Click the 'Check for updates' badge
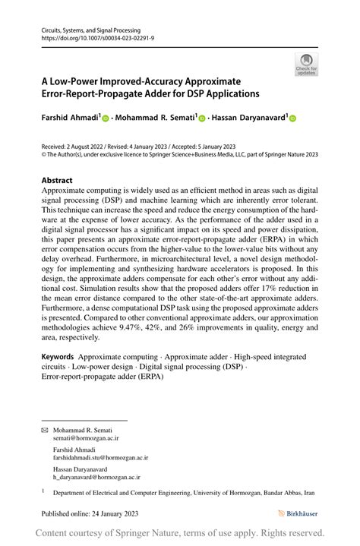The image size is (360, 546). pyautogui.click(x=306, y=65)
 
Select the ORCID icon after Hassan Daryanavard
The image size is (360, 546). pyautogui.click(x=292, y=118)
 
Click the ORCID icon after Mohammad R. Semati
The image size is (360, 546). pyautogui.click(x=202, y=118)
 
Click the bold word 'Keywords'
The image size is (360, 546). pyautogui.click(x=58, y=356)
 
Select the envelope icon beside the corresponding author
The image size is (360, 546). pyautogui.click(x=44, y=429)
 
